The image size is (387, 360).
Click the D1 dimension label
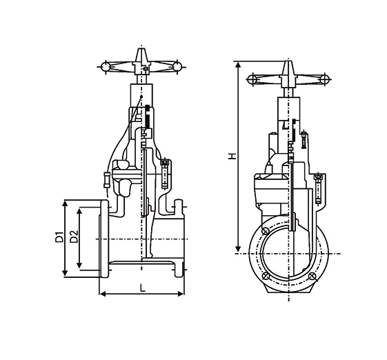[x=59, y=237]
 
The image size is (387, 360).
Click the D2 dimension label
[x=74, y=237]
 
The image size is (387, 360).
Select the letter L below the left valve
[x=142, y=288]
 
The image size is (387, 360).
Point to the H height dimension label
[x=232, y=156]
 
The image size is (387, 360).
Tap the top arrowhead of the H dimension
[x=238, y=65]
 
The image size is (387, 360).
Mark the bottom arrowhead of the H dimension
[x=238, y=249]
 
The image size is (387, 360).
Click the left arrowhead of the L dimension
[x=102, y=294]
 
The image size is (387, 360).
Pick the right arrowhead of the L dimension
[x=181, y=294]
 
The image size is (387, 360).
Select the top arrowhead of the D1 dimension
[x=65, y=204]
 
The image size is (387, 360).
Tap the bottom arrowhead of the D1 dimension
[x=65, y=272]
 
